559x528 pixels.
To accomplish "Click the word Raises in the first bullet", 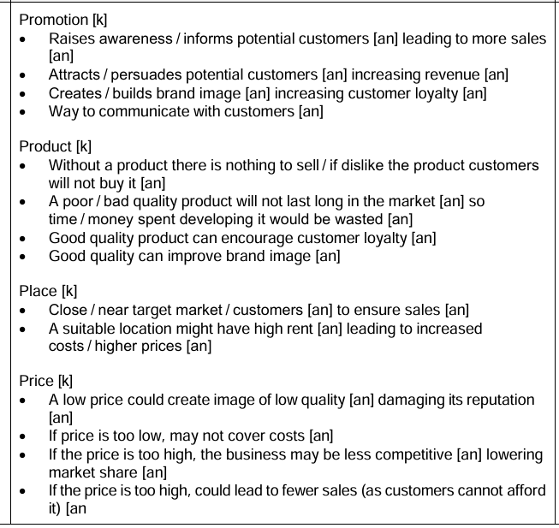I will click(x=70, y=39).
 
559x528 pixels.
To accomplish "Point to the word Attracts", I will click(x=74, y=75).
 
